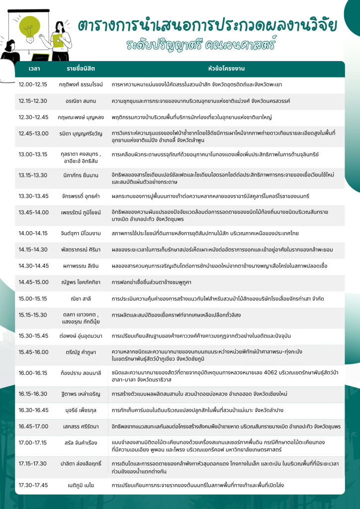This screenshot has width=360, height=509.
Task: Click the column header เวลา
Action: click(35, 68)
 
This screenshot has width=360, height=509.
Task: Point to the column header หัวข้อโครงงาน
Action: click(226, 68)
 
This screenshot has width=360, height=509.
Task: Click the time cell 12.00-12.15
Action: click(33, 85)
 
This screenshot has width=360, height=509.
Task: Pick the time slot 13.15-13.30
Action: click(33, 175)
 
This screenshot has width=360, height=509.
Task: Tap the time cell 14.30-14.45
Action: click(33, 265)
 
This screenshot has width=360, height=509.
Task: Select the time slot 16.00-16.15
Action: click(33, 372)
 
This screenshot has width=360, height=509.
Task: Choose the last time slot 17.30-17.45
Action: click(33, 485)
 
